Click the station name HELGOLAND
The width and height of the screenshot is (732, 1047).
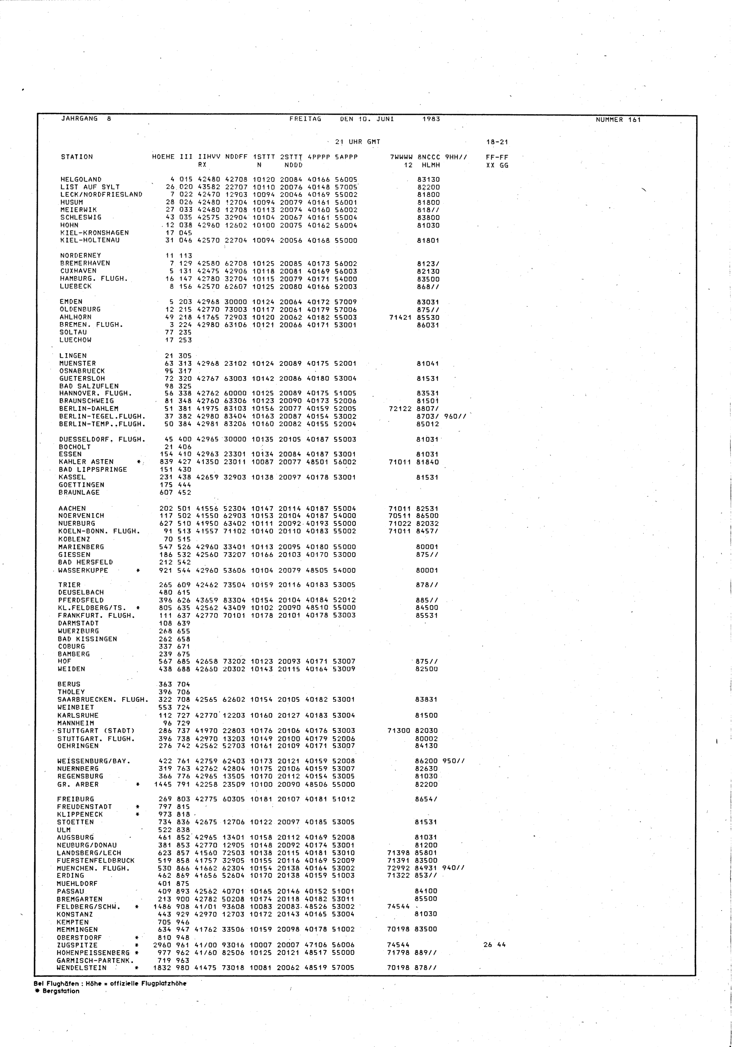(x=81, y=179)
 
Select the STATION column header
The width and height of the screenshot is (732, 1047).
(x=76, y=157)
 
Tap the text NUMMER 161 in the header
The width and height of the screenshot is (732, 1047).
(x=619, y=120)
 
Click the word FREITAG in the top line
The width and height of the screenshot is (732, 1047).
(x=305, y=119)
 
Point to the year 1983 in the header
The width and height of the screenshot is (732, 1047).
(x=431, y=119)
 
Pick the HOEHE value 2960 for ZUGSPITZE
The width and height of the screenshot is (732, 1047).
(x=163, y=945)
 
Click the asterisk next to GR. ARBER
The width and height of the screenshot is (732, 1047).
(x=137, y=784)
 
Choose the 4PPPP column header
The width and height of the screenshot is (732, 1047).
(x=318, y=157)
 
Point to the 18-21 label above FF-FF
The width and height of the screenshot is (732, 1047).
(x=497, y=142)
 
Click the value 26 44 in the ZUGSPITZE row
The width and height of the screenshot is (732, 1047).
(x=494, y=945)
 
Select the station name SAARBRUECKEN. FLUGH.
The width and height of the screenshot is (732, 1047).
(x=103, y=699)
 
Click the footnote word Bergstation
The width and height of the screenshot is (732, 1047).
(x=60, y=991)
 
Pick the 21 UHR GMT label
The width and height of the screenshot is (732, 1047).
(x=357, y=142)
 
